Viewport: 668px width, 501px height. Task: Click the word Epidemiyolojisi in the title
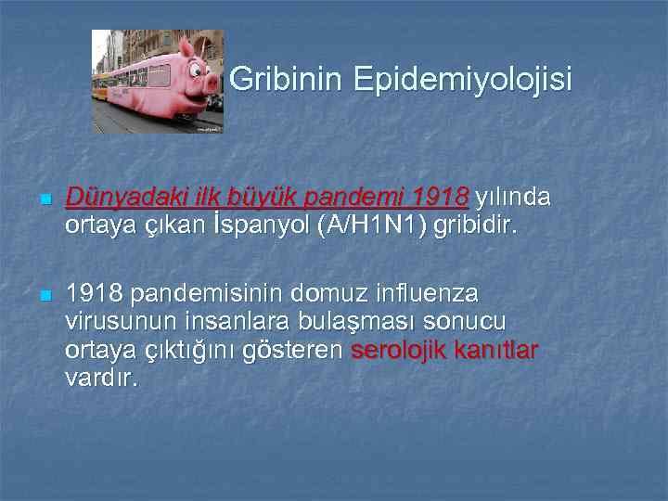click(462, 80)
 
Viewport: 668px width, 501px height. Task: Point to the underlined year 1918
click(442, 198)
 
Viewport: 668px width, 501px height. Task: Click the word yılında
click(513, 198)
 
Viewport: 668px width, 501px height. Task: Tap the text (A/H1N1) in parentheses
click(372, 225)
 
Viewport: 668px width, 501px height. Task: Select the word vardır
click(101, 378)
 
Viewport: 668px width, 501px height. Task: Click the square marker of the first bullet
click(45, 199)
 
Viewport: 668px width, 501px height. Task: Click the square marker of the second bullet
click(45, 296)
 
